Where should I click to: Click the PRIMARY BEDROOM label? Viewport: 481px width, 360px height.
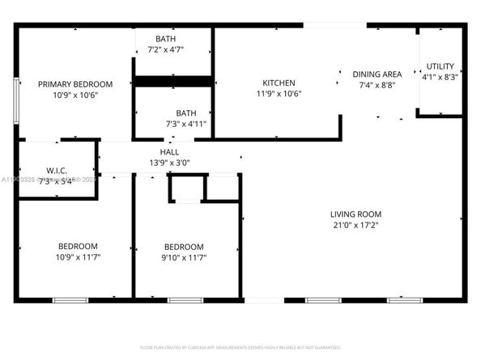tap(75, 84)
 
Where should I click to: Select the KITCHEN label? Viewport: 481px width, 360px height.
tap(279, 83)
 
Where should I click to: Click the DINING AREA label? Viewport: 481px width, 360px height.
tap(377, 74)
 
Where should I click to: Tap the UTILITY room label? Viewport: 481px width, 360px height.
tap(441, 66)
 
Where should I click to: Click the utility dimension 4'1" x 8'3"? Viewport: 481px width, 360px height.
tap(441, 78)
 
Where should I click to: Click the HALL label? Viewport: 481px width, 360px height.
tap(169, 151)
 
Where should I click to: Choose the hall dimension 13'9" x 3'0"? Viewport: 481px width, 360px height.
tap(169, 162)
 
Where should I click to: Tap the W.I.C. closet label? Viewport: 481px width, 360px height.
tap(56, 170)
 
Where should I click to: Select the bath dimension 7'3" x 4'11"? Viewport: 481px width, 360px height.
tap(186, 124)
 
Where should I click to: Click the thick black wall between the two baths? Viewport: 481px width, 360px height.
tap(172, 81)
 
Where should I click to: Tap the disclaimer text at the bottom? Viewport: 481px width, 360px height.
tap(240, 347)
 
